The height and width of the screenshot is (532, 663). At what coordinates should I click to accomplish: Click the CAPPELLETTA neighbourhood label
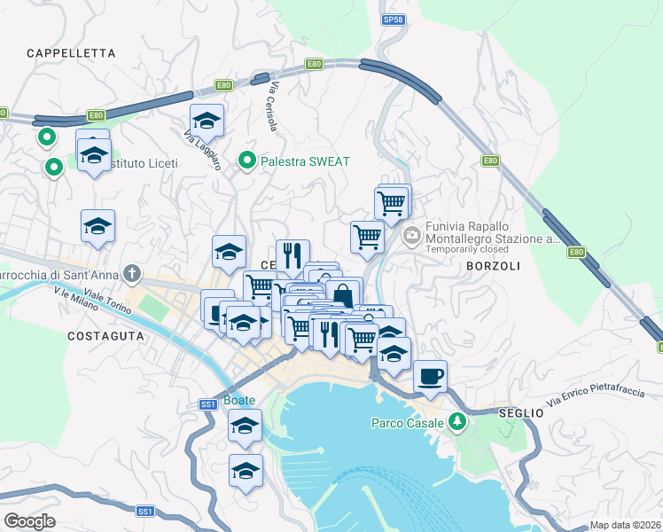[72, 53]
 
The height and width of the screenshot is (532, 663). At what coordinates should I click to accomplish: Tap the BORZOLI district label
[487, 265]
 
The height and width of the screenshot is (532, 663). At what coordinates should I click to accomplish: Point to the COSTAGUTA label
[105, 336]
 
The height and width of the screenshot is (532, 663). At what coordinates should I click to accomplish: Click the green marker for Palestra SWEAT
[247, 161]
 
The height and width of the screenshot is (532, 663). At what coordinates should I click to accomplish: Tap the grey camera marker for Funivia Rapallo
[411, 235]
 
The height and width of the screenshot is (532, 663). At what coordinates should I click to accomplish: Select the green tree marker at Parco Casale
[457, 423]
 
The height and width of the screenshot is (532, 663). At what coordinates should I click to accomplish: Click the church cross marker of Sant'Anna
[132, 273]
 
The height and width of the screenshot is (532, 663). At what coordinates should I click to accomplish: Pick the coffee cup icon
[430, 376]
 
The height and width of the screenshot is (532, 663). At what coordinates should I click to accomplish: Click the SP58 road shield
[393, 19]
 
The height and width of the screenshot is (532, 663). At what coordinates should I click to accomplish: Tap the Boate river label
[239, 400]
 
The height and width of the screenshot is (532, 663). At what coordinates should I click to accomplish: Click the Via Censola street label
[275, 107]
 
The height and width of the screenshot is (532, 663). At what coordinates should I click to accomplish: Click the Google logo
[30, 520]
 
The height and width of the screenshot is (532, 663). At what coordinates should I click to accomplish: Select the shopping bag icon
[344, 293]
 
